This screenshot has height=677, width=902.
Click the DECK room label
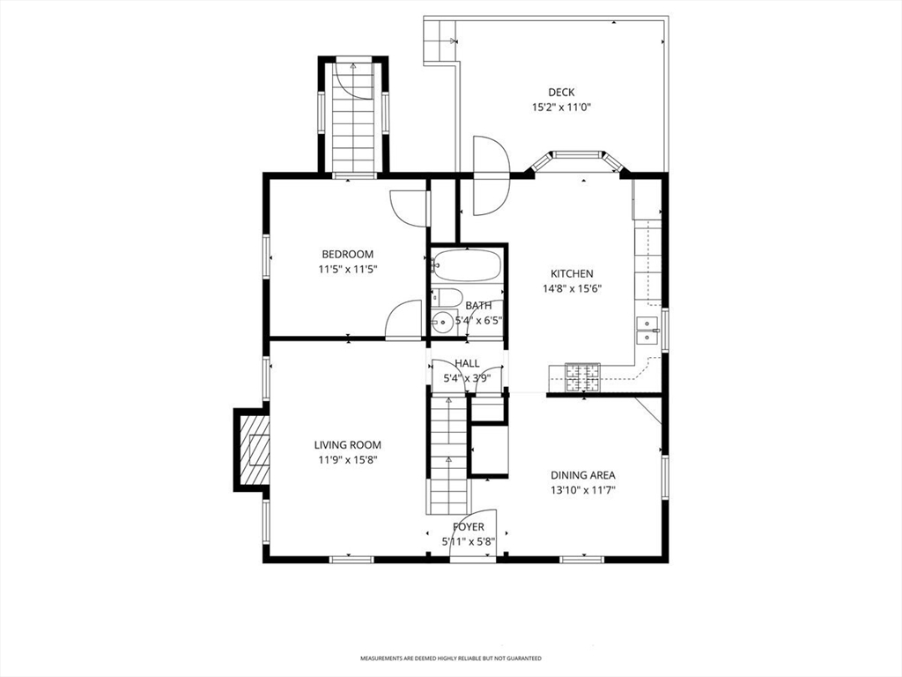[x=561, y=92]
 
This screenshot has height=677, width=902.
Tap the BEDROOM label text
[x=347, y=254]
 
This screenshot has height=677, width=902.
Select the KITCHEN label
[x=572, y=273]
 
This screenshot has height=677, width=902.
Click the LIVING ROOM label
[x=347, y=444]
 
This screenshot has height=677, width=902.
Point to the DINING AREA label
[x=583, y=475]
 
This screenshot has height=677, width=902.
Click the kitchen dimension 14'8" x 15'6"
[x=572, y=288]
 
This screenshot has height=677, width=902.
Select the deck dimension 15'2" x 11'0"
[x=561, y=107]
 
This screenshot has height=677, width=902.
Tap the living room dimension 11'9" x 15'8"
[x=347, y=459]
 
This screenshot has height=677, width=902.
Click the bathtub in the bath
[x=467, y=264]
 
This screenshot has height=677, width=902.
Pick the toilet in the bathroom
[x=447, y=297]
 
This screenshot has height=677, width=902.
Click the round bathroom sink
[x=442, y=322]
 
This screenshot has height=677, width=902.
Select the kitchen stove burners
[x=582, y=377]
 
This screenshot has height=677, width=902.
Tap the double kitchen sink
[x=647, y=331]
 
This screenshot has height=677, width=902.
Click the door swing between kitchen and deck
[x=491, y=175]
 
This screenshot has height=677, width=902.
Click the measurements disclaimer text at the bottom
[x=451, y=658]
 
